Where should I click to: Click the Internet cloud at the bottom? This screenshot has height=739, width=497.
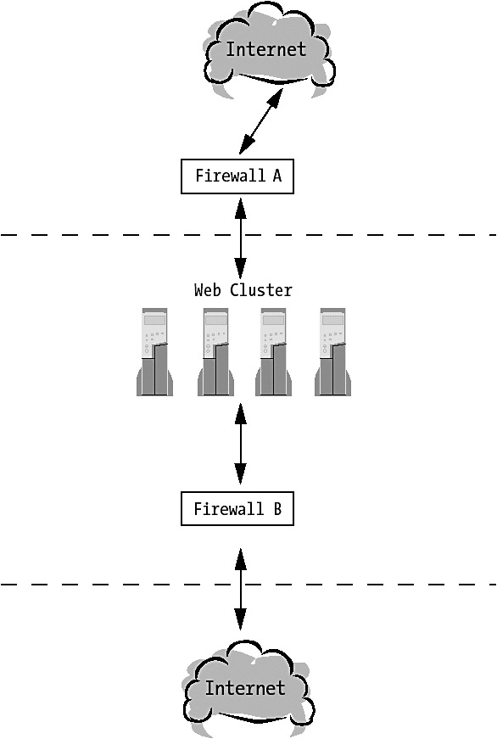point(247,688)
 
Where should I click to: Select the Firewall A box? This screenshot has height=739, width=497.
point(237,176)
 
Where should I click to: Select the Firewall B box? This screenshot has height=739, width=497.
point(237,508)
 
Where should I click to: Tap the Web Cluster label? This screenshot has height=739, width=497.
point(243,290)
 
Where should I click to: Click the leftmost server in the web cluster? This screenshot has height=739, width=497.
point(154,351)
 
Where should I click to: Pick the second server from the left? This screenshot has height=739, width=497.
point(215,351)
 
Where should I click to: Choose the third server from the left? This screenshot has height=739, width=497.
point(274,351)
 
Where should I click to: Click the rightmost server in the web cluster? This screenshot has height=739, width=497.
point(332,351)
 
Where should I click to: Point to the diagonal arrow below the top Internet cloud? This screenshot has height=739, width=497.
point(261,121)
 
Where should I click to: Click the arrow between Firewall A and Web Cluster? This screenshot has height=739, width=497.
point(240,238)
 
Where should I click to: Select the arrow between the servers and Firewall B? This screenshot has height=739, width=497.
point(240,444)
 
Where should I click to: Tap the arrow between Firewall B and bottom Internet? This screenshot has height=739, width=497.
point(240,589)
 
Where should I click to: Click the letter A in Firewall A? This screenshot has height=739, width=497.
point(277,176)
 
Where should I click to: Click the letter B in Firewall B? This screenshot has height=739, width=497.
point(277,508)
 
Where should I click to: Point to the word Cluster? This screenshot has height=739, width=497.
point(261,290)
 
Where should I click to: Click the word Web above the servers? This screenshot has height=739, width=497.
point(207,290)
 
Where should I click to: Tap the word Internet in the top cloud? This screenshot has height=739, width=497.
point(266,49)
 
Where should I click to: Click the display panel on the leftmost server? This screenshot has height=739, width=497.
point(154,320)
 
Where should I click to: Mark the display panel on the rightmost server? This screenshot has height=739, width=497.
point(332,320)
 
